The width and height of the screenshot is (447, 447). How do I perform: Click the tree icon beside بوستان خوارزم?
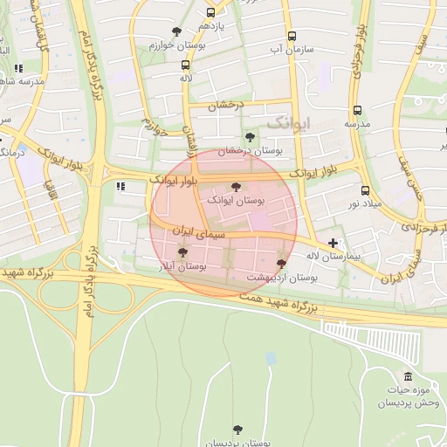click(x=176, y=31)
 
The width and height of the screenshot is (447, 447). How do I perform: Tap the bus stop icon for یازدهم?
click(x=210, y=13)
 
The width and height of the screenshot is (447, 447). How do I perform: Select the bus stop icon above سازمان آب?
click(x=292, y=37)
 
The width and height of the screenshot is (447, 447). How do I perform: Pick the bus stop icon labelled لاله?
click(x=185, y=65)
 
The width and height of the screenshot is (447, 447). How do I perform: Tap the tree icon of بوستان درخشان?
click(x=251, y=137)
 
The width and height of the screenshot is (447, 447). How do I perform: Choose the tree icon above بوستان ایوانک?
click(x=235, y=186)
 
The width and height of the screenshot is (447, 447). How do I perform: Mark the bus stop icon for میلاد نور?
click(x=365, y=190)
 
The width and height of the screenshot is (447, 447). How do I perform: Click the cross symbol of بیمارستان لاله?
click(x=332, y=242)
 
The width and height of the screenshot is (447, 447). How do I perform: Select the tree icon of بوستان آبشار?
click(x=182, y=252)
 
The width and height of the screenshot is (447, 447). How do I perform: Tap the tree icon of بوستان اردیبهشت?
click(x=281, y=263)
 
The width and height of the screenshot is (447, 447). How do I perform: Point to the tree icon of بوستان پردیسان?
click(x=237, y=430)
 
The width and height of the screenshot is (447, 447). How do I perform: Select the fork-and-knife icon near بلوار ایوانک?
click(x=120, y=186)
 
